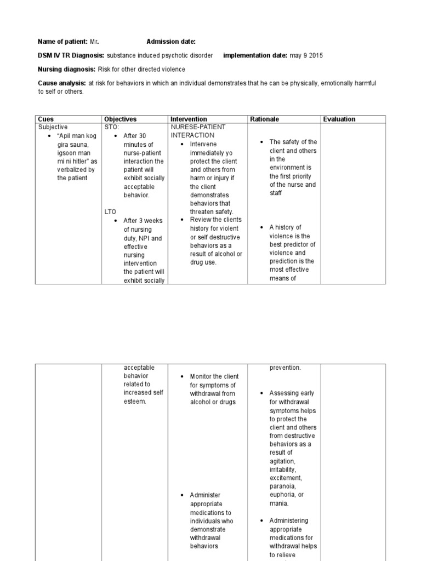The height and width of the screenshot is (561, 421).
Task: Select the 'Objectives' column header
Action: coord(120,119)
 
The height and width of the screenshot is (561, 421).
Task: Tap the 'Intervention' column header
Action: coord(189,119)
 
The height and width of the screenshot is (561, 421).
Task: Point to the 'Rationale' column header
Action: coord(264,119)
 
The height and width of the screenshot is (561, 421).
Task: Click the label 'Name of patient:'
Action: coord(62,42)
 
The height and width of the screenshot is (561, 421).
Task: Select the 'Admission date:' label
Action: coord(170,42)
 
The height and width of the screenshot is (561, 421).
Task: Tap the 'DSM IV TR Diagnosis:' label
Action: coord(71,55)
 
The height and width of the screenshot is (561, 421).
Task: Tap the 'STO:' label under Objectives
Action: coord(111,127)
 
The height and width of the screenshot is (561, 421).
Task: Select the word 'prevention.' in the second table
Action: coord(285,368)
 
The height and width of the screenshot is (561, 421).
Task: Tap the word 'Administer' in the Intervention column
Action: coord(205,495)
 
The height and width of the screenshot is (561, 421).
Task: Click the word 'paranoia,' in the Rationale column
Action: coord(283,486)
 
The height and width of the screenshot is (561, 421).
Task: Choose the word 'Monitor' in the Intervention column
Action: coord(201,376)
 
